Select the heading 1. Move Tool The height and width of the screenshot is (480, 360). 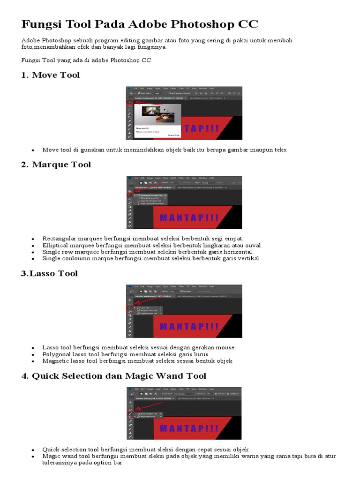coord(51,75)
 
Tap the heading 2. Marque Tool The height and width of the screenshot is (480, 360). coord(56,165)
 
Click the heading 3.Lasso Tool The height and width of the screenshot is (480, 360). coord(49,273)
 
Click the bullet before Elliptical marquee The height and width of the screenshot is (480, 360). coord(33,246)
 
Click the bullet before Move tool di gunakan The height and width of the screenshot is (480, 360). coord(33,150)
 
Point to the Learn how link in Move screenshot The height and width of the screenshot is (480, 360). coord(174,135)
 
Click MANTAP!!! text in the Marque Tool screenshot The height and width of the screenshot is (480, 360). coord(189,218)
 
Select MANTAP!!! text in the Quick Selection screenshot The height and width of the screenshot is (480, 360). coord(189,428)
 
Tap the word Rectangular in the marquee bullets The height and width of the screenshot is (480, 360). coord(59,239)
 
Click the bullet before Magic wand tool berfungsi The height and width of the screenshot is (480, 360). coord(33,457)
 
